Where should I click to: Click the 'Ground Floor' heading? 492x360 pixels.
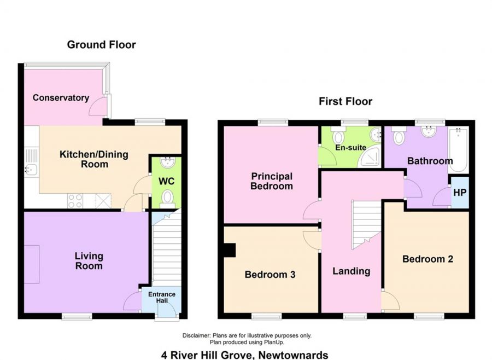coord(101,45)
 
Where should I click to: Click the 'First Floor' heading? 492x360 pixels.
coord(345,101)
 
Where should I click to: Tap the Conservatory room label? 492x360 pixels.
coord(61,98)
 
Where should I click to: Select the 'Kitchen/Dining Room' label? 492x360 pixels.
coord(93,159)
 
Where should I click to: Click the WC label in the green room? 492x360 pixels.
coord(166,181)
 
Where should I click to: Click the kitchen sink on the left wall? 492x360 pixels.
coord(30,170)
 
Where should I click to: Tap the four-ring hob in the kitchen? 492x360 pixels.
coord(75,201)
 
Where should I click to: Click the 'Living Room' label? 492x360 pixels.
coord(89,261)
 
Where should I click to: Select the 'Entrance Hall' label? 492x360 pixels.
coord(162,298)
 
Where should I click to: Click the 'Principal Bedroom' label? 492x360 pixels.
coord(272,181)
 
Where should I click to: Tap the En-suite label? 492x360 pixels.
coord(352,148)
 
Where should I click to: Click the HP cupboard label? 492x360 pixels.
coord(460,193)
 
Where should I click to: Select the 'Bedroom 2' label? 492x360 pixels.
coord(427,259)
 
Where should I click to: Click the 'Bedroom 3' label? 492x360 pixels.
coord(270,275)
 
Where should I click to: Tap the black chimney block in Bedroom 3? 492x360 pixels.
coord(230,250)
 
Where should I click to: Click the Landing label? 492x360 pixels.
coord(352,271)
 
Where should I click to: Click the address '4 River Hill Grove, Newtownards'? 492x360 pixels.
coord(245,355)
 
